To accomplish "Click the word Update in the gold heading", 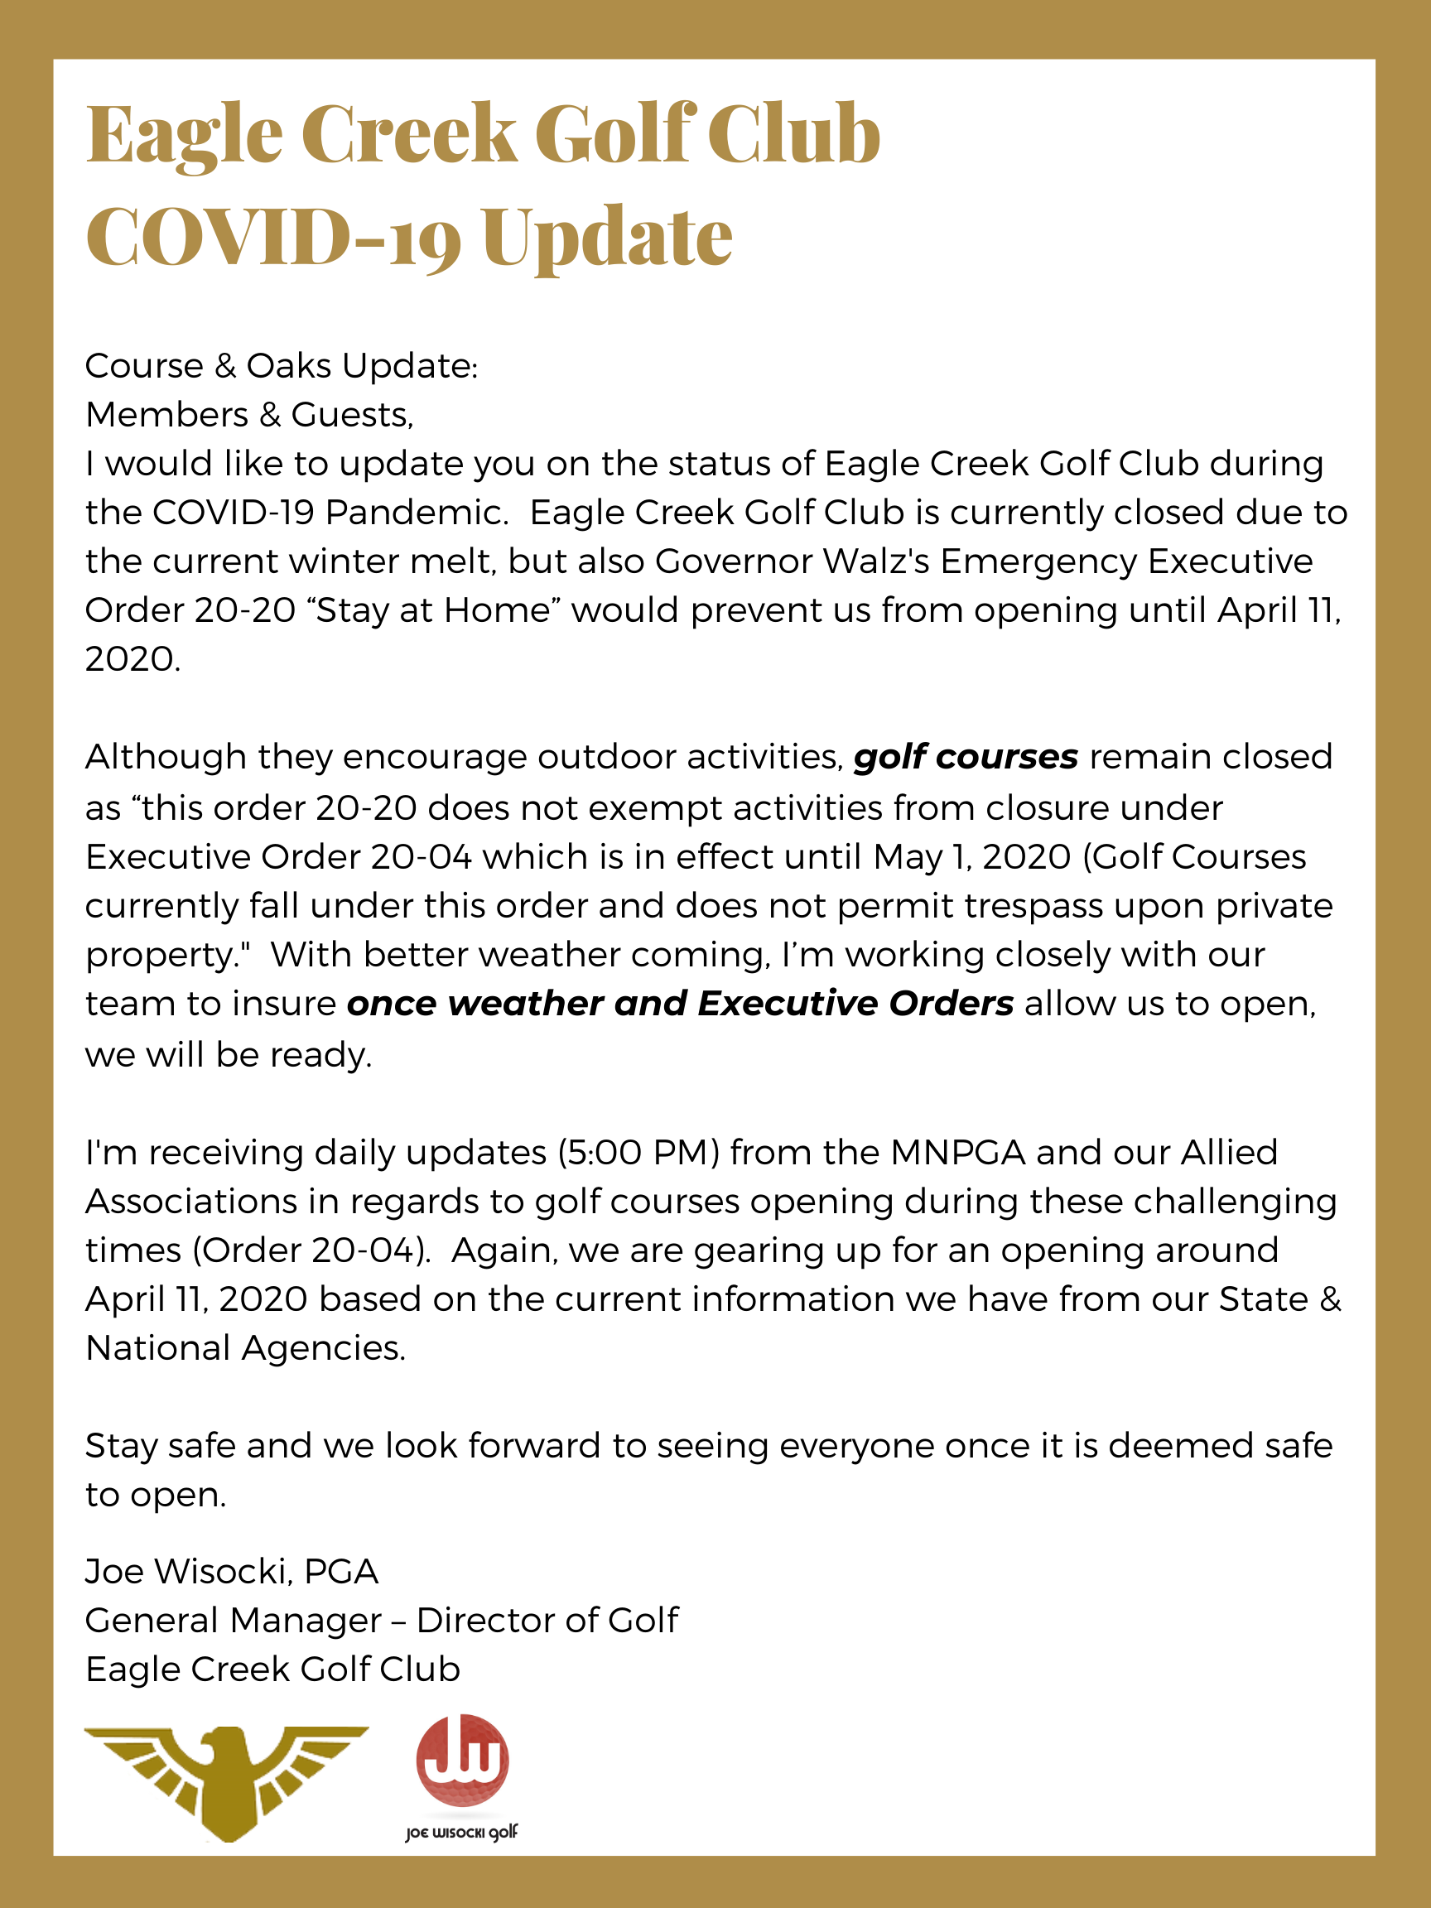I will [606, 238].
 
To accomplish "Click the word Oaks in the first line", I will [289, 366].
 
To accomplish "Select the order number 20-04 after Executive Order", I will [422, 856].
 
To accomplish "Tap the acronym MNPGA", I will [957, 1153].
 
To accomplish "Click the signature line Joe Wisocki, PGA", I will [231, 1572].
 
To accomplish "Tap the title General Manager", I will [233, 1621].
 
